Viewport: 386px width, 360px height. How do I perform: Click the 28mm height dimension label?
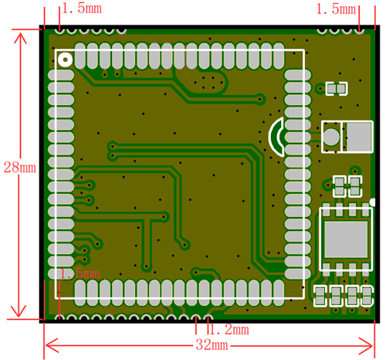click(20, 168)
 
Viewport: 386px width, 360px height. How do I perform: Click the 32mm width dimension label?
click(212, 345)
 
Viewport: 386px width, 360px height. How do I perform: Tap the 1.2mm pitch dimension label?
click(229, 329)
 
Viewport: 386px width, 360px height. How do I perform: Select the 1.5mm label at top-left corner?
click(82, 8)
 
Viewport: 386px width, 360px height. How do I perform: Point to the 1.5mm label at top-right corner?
click(336, 9)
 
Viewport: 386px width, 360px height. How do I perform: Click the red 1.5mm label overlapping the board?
click(80, 273)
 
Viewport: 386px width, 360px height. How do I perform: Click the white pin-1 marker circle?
click(65, 59)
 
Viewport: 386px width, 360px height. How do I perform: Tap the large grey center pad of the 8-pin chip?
click(346, 239)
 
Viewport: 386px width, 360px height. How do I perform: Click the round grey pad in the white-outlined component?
click(331, 137)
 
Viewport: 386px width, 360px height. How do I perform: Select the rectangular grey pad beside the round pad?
click(359, 137)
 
